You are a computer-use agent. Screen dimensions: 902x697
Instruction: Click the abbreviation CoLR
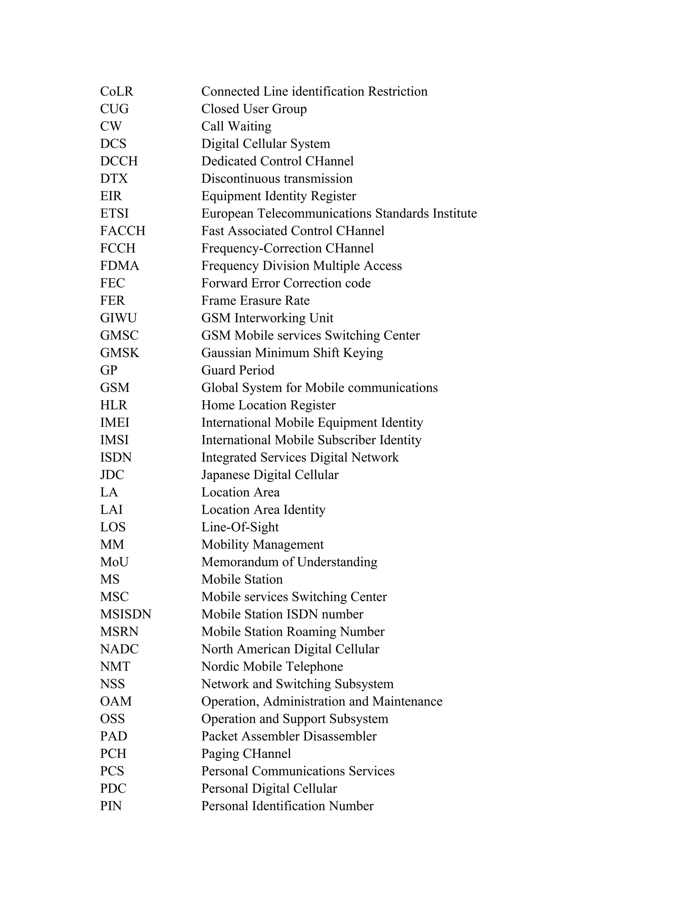click(116, 91)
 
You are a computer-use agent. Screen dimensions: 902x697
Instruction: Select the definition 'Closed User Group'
click(254, 109)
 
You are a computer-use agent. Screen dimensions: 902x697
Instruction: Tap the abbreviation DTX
click(114, 178)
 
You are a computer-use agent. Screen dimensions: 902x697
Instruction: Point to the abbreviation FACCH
click(123, 231)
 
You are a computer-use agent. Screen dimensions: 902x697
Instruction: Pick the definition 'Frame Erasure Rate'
click(255, 301)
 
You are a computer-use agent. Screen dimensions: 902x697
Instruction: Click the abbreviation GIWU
click(118, 318)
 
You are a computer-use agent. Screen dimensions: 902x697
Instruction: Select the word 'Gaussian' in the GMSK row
click(226, 353)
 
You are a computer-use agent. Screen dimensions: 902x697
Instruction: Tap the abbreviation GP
click(109, 370)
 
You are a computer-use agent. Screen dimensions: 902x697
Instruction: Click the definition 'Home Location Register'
click(269, 405)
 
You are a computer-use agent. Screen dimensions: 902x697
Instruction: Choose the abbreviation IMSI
click(114, 440)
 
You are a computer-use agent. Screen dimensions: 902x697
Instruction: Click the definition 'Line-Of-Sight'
click(240, 527)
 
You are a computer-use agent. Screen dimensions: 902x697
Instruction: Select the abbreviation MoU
click(114, 562)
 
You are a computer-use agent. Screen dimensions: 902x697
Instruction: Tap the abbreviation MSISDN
click(126, 614)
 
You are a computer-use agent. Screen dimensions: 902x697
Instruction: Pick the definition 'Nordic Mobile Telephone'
click(272, 666)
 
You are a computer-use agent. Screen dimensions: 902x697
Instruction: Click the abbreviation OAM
click(116, 702)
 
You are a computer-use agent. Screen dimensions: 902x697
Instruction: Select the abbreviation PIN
click(111, 806)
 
